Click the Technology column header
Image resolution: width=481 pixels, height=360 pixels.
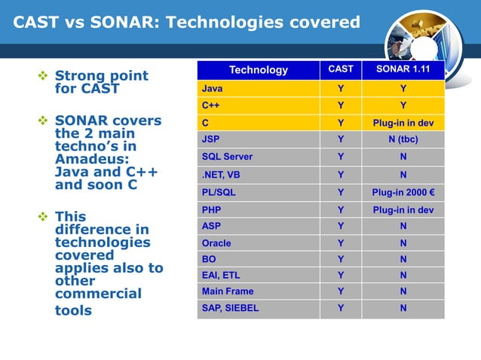[258, 70]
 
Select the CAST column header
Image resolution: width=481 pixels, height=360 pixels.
[341, 69]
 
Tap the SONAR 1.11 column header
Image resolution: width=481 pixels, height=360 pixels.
[403, 69]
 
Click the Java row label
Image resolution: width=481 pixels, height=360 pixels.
[212, 89]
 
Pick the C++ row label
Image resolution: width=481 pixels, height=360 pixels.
[210, 105]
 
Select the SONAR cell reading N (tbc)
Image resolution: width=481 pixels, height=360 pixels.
[403, 139]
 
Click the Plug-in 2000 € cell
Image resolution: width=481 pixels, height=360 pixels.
[403, 192]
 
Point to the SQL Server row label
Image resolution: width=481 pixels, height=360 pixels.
[227, 157]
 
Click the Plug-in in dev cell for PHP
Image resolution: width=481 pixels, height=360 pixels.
[403, 209]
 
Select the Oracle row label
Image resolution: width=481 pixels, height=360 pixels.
[216, 243]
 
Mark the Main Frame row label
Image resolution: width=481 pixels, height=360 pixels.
[227, 291]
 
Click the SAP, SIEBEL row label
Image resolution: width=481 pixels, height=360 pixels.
[230, 307]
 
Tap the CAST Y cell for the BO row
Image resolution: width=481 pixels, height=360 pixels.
[341, 259]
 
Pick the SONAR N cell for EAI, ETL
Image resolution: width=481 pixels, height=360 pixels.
[403, 276]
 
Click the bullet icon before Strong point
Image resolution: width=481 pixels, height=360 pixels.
[43, 76]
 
